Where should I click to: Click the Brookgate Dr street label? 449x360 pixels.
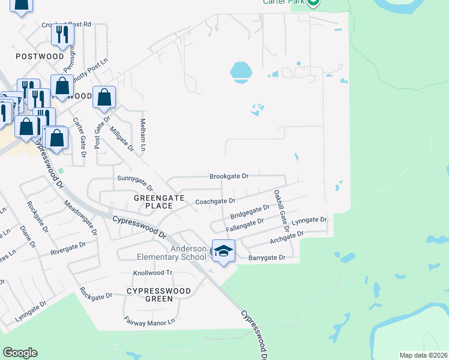tap(229, 176)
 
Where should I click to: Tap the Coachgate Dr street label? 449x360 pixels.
tap(215, 202)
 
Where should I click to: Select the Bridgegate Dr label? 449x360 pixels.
tap(250, 212)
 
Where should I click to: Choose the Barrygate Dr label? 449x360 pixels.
tap(266, 257)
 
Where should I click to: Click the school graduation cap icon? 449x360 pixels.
tap(223, 251)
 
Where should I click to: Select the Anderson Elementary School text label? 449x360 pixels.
tap(188, 253)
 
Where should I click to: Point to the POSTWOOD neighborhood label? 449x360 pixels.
tap(40, 56)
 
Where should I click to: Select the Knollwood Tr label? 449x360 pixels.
tap(152, 272)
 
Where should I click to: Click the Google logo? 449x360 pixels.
tap(20, 353)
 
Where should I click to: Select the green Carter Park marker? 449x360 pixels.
tap(313, 2)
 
